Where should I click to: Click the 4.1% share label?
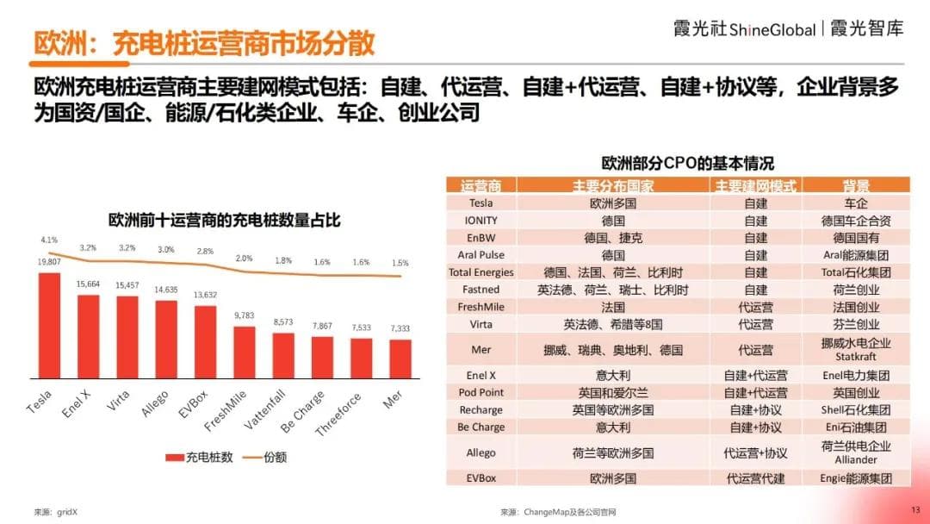coord(48,240)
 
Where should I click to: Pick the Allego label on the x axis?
coord(155,402)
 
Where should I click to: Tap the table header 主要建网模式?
coord(755,185)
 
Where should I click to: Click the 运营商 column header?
coord(481,185)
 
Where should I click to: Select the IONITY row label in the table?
coord(481,221)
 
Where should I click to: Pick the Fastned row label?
coord(481,290)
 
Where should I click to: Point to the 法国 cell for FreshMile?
coord(612,307)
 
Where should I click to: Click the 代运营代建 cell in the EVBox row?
coord(755,477)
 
